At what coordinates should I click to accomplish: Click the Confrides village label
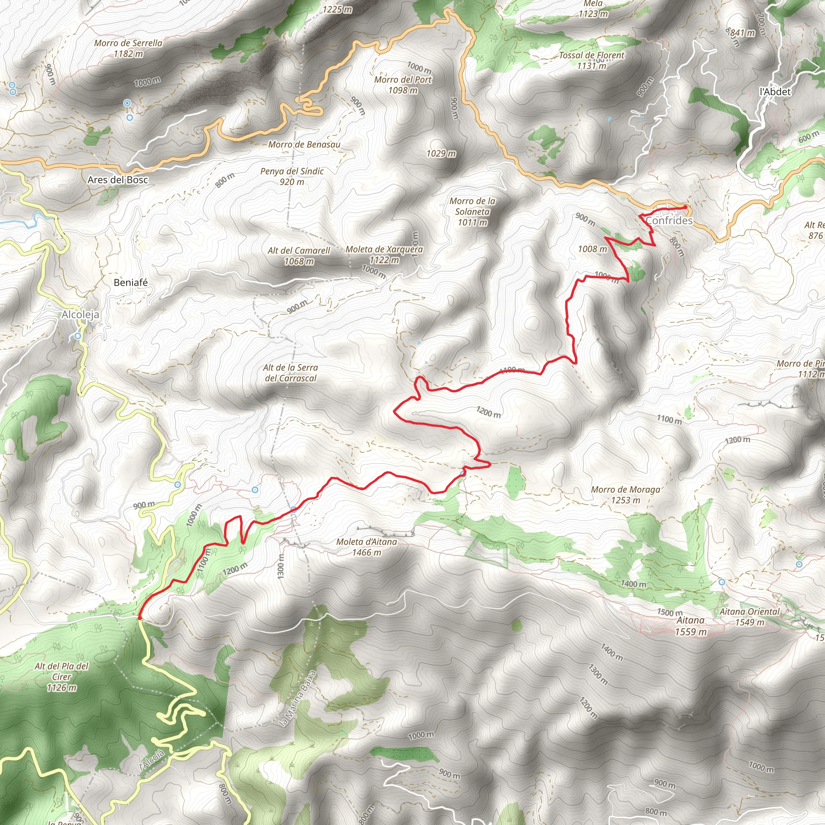[x=669, y=220]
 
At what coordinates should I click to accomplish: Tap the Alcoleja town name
[x=80, y=315]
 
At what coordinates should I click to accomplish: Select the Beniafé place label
[x=131, y=282]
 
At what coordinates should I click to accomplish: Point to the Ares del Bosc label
[x=118, y=180]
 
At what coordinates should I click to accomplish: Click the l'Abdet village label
[x=775, y=91]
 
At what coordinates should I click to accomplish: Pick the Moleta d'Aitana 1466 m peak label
[x=367, y=547]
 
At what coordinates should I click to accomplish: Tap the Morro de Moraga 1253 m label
[x=625, y=495]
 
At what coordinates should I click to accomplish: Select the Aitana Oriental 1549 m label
[x=749, y=617]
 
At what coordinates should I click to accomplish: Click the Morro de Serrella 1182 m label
[x=128, y=48]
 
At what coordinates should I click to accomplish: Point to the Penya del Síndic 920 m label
[x=292, y=176]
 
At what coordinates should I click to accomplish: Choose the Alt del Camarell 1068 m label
[x=299, y=256]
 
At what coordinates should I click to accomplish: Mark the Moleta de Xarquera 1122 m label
[x=384, y=254]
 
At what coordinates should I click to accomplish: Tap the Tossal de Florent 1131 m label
[x=591, y=60]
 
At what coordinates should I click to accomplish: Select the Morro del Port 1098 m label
[x=403, y=85]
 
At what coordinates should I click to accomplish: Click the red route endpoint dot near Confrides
[x=685, y=207]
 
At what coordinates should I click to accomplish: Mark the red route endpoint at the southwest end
[x=140, y=618]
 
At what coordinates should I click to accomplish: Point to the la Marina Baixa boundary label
[x=297, y=699]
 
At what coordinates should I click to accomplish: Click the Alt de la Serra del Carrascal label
[x=290, y=373]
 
